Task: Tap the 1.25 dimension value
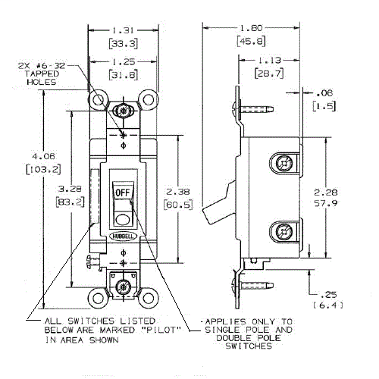click(123, 61)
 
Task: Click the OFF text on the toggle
click(123, 193)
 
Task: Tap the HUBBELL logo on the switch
click(123, 236)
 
